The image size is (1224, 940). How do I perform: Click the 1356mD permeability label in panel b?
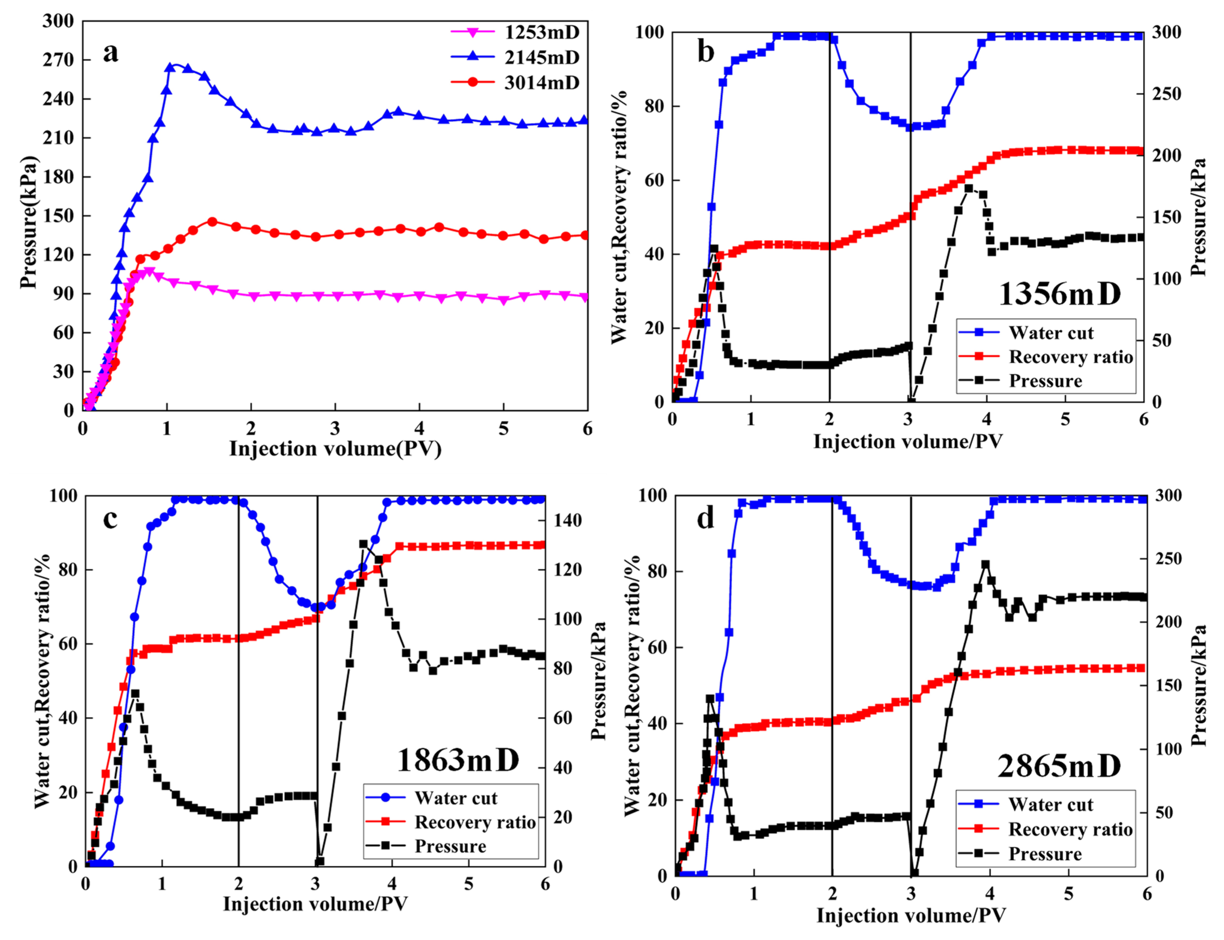click(x=1059, y=293)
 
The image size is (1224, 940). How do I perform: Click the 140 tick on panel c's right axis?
click(x=568, y=520)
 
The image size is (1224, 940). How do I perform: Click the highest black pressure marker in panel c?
click(x=363, y=544)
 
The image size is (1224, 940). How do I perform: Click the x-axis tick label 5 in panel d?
click(x=1068, y=893)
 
